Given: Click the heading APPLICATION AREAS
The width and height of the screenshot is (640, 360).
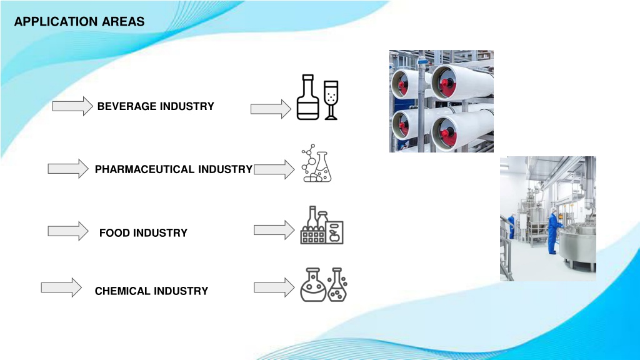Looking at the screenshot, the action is click(x=79, y=22).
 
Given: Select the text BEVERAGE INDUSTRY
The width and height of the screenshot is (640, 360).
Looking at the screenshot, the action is click(x=156, y=106).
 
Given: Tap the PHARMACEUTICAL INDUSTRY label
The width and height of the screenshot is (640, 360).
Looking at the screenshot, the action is click(x=174, y=169).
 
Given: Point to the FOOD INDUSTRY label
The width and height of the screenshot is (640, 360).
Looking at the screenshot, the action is click(x=143, y=233).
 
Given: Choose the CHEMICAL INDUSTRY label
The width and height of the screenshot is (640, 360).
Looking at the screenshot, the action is click(x=151, y=291).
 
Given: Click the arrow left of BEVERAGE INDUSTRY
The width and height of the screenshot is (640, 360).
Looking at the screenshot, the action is click(x=72, y=106).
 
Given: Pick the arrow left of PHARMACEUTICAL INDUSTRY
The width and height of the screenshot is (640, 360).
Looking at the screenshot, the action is click(x=68, y=169).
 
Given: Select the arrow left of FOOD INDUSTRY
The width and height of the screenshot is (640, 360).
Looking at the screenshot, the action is click(x=68, y=231).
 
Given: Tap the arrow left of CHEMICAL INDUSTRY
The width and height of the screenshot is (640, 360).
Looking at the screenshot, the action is click(x=61, y=287).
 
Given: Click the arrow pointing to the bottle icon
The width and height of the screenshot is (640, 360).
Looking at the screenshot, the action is click(x=271, y=109).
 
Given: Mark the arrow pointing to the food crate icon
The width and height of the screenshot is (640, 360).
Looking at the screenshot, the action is click(x=274, y=230).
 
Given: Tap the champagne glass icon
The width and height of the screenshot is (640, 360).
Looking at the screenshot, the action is click(x=331, y=100).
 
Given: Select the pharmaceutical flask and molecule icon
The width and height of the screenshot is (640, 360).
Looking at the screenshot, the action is click(x=316, y=163).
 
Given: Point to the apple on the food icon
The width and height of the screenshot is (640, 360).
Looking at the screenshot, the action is click(x=335, y=236).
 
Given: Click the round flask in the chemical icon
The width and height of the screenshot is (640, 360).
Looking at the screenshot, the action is click(x=313, y=285).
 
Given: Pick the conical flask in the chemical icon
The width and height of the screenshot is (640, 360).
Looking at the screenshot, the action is click(x=337, y=285).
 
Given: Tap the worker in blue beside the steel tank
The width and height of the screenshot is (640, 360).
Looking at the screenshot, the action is click(x=555, y=230).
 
